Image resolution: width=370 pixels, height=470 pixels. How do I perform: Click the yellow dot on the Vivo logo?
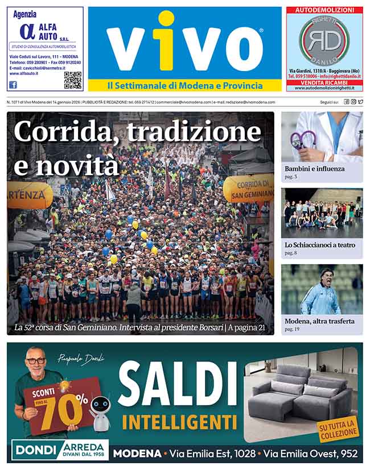click(166, 21)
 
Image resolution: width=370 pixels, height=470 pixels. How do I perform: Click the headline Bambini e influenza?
click(315, 169)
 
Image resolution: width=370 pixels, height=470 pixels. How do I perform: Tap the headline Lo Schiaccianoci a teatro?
click(320, 245)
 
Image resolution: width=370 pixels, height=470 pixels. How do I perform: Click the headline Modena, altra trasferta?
click(319, 321)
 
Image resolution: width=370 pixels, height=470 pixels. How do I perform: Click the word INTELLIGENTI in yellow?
click(180, 422)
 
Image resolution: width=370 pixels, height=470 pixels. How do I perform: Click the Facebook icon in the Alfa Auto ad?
click(13, 85)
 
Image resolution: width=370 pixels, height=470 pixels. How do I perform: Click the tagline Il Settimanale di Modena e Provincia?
click(185, 86)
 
